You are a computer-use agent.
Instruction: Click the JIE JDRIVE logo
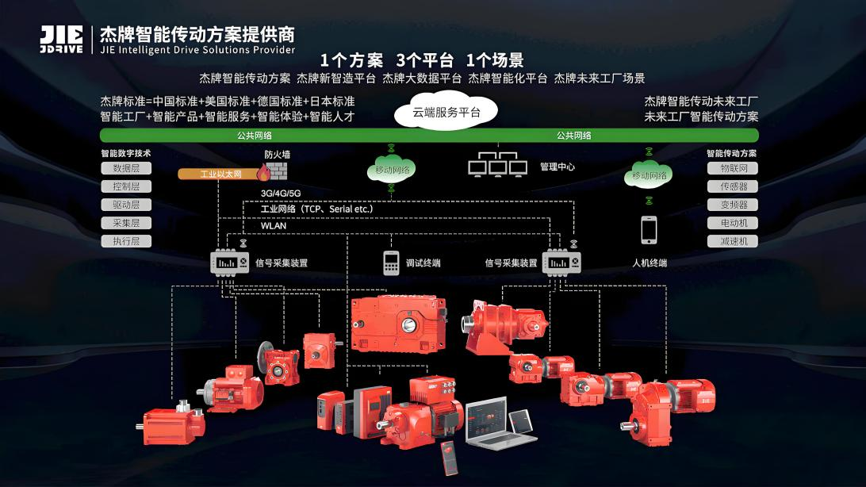pyautogui.click(x=61, y=40)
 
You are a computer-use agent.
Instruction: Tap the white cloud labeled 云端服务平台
pyautogui.click(x=446, y=111)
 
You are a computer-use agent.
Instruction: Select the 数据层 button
pyautogui.click(x=126, y=168)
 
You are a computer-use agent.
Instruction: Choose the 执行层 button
pyautogui.click(x=126, y=241)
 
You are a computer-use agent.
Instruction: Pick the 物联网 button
pyautogui.click(x=732, y=168)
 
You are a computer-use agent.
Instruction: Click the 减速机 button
pyautogui.click(x=732, y=241)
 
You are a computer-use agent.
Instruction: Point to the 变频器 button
pyautogui.click(x=732, y=205)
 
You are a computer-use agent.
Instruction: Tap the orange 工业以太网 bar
pyautogui.click(x=219, y=174)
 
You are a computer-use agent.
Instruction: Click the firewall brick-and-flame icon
pyautogui.click(x=273, y=172)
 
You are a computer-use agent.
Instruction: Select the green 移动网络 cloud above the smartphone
pyautogui.click(x=649, y=175)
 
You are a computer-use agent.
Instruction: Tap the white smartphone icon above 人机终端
pyautogui.click(x=649, y=230)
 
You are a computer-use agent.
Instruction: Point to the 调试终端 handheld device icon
pyautogui.click(x=391, y=263)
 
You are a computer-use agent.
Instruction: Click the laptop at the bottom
pyautogui.click(x=493, y=423)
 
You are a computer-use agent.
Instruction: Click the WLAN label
pyautogui.click(x=274, y=226)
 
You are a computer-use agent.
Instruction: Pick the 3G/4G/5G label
pyautogui.click(x=281, y=194)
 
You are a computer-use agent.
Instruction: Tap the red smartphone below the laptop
pyautogui.click(x=450, y=458)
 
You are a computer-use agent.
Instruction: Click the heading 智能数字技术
pyautogui.click(x=126, y=154)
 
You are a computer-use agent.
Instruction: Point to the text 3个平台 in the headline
pyautogui.click(x=425, y=59)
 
